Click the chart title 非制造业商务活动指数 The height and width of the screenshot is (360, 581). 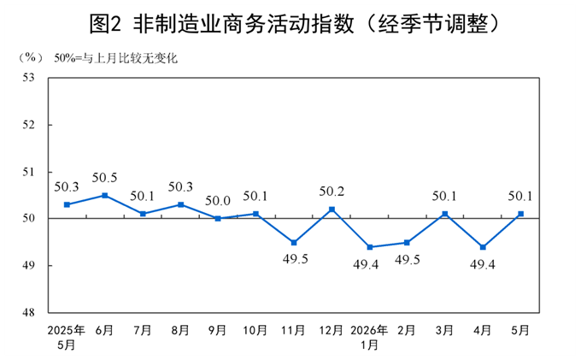[x=244, y=25]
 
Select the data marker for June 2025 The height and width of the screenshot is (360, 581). [x=105, y=195]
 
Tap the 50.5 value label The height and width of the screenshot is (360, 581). [x=104, y=178]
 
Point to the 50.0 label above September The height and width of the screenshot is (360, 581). [x=218, y=201]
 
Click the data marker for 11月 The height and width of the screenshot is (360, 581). [x=294, y=243]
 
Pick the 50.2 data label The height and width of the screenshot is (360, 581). [x=332, y=192]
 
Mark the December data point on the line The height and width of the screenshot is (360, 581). [x=332, y=210]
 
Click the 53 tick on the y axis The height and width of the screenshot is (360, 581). [x=28, y=78]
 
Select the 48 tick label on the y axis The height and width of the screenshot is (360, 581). [x=28, y=313]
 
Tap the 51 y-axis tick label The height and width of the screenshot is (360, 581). [x=28, y=172]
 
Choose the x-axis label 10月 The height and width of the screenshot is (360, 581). [x=255, y=330]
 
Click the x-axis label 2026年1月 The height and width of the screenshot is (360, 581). [x=369, y=338]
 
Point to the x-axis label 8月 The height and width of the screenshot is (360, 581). [x=180, y=330]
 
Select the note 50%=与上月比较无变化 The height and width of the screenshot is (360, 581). [x=116, y=58]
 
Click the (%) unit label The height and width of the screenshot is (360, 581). [x=31, y=57]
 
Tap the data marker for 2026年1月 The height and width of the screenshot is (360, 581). [x=370, y=247]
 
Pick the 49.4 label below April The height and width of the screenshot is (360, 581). [x=483, y=264]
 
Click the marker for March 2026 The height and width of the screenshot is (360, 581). [x=445, y=214]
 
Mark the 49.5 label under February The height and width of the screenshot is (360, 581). [x=408, y=260]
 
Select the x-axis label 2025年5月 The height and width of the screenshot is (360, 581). [x=67, y=338]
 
